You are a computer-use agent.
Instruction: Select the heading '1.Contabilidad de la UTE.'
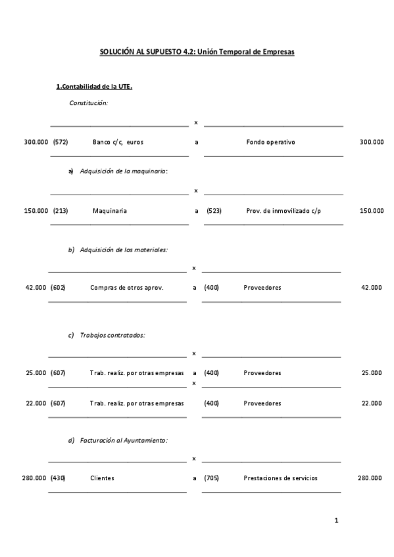click(x=94, y=87)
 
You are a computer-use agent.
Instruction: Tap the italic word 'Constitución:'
click(x=89, y=102)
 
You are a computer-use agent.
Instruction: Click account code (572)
click(x=61, y=141)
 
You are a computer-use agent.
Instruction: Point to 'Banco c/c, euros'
click(x=118, y=141)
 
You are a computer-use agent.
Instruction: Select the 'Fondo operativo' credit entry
click(x=270, y=141)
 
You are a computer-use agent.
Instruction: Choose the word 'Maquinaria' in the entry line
click(x=110, y=211)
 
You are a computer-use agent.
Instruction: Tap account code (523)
click(x=214, y=211)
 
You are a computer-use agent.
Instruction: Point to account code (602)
click(x=59, y=287)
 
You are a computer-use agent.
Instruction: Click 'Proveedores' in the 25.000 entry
click(x=262, y=372)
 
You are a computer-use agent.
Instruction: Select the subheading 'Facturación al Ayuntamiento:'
click(x=124, y=440)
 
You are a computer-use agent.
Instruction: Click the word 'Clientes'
click(x=102, y=478)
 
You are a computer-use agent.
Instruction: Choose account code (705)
click(x=211, y=478)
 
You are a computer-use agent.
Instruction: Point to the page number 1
click(x=336, y=521)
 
